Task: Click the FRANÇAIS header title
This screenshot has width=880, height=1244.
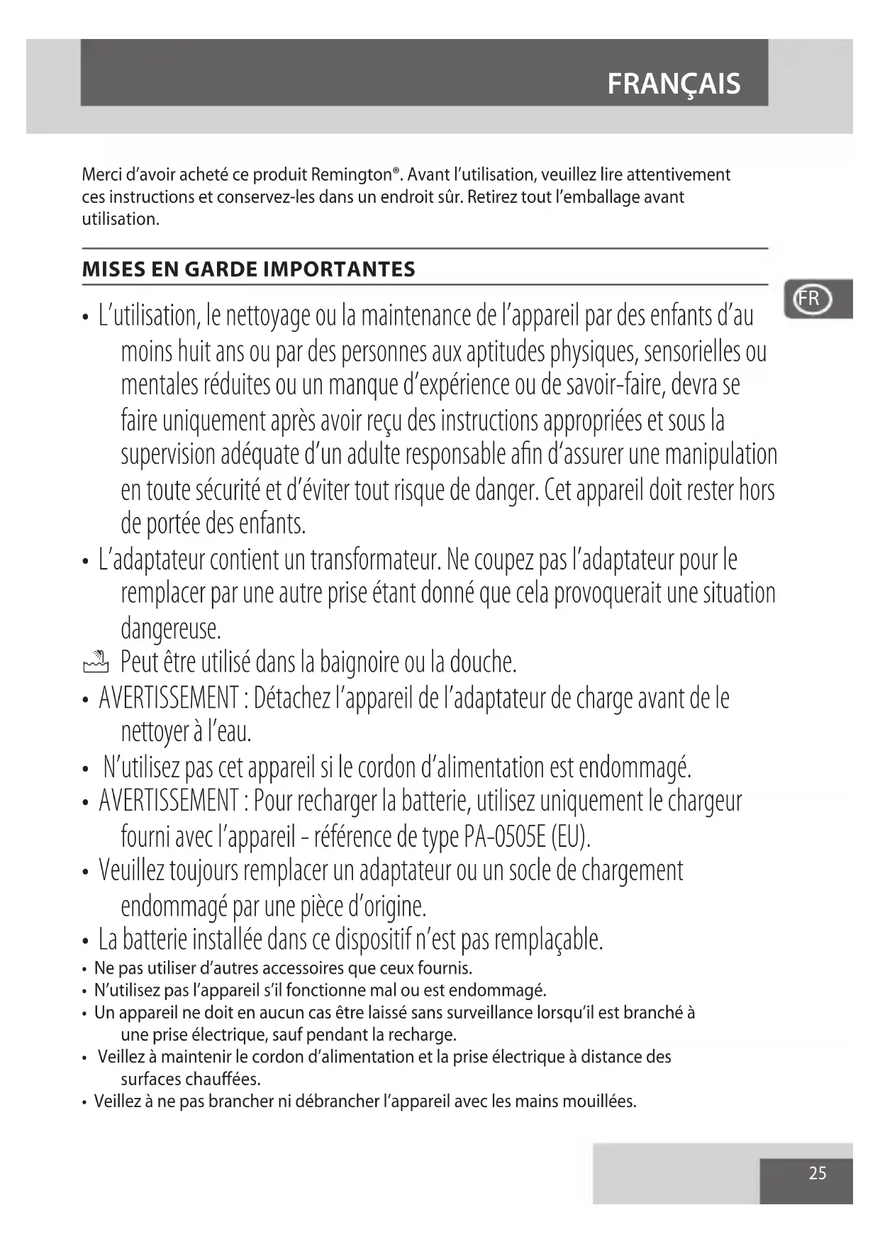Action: (x=674, y=84)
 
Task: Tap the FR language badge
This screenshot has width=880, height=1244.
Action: (x=808, y=299)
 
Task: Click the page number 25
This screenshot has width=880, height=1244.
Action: (x=818, y=1173)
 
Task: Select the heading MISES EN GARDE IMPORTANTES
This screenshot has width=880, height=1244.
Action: (x=248, y=270)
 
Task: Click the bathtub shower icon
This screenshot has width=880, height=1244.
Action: (x=95, y=662)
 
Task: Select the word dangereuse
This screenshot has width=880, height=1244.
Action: (x=171, y=628)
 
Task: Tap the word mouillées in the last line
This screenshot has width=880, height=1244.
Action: (x=601, y=1101)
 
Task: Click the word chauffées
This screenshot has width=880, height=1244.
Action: (x=222, y=1079)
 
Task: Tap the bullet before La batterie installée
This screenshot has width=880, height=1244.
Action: (x=85, y=941)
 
